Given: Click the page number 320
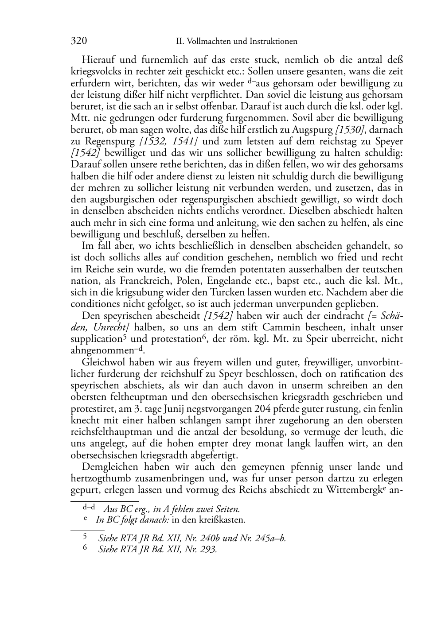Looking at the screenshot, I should pos(78,41).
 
